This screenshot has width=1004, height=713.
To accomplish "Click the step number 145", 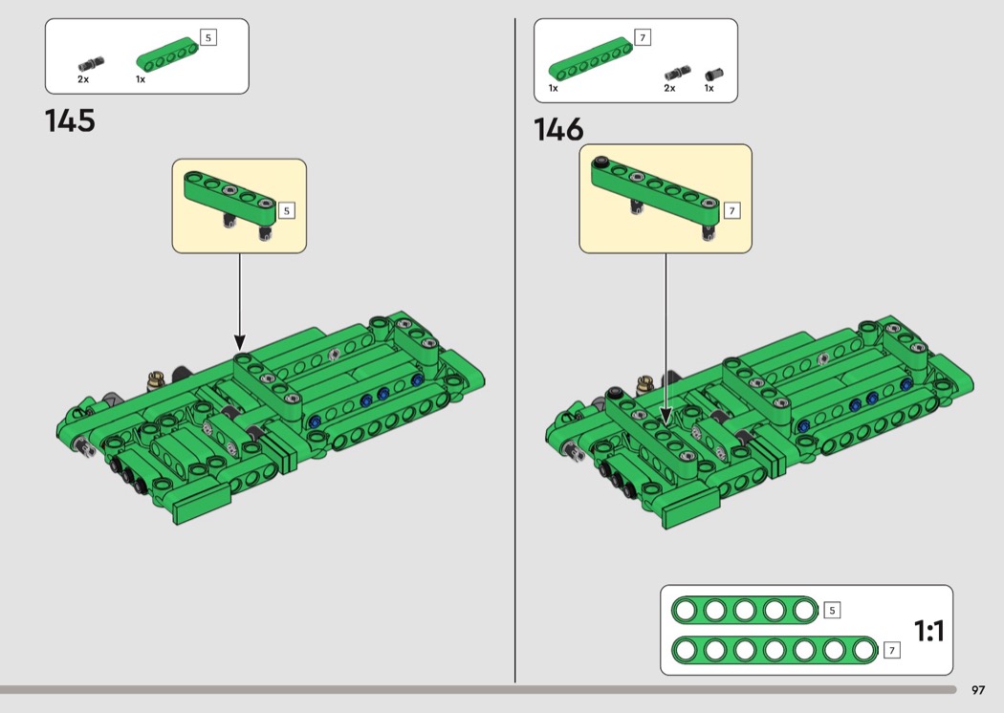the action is point(70,120).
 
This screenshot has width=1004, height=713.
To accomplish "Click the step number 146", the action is point(558,129).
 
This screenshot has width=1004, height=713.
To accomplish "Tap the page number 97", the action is point(978,690).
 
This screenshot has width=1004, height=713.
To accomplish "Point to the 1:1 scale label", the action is point(929,631).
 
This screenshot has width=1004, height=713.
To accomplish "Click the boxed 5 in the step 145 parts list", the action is point(208,38).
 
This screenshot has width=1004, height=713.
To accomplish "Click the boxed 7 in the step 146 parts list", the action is point(643,38).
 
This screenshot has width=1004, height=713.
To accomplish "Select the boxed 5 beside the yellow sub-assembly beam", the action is point(286,210).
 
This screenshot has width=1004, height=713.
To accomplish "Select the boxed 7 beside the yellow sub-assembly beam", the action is point(731,210).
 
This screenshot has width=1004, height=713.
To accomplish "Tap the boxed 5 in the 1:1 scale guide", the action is point(832,610).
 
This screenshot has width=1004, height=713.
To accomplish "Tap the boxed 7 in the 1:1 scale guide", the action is point(892,650).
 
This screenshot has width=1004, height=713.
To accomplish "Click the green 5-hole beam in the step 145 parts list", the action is point(167,55).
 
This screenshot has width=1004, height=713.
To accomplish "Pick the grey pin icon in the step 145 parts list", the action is point(92,65).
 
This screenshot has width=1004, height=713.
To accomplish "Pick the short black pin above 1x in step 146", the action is point(714,75).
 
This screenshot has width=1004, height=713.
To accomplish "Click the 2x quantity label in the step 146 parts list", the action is point(669,88).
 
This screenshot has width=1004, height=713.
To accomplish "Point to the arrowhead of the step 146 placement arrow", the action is point(666,417).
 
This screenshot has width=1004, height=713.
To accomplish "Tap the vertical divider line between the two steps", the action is point(514,350).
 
